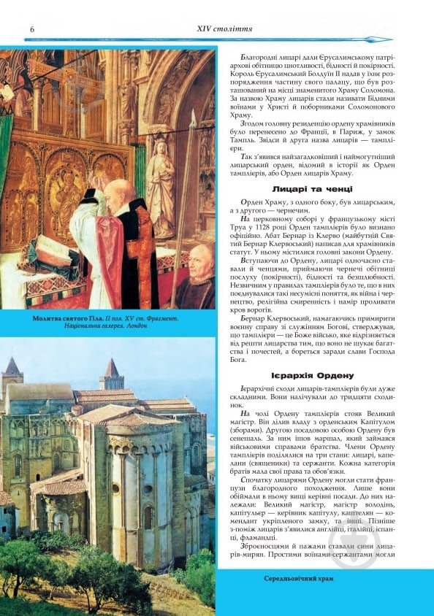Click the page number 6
coord(33,28)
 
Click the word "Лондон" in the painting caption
coord(135,326)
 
